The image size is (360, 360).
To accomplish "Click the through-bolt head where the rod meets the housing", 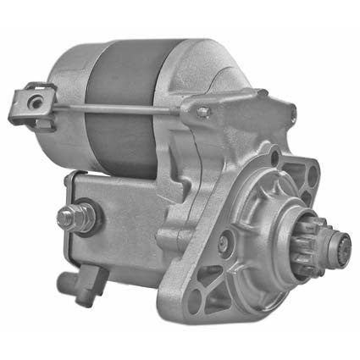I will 203,111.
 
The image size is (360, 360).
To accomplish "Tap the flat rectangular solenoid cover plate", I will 127,224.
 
